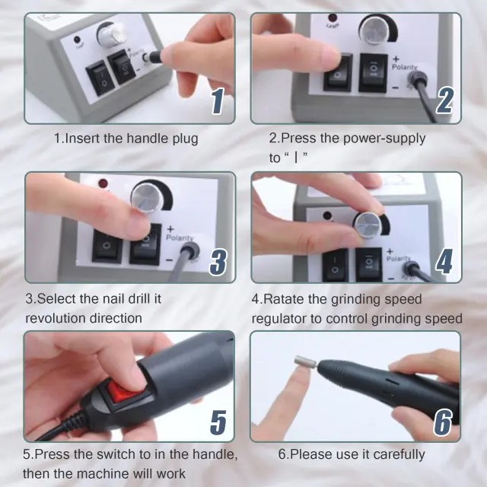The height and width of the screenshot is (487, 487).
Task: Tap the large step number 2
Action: pos(444,100)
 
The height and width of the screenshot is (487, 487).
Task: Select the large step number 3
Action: pos(218,262)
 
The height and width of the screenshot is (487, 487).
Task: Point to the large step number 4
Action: pos(444,262)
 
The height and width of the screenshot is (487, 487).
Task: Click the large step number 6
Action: pos(443,422)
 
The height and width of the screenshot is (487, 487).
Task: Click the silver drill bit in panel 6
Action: pos(305,362)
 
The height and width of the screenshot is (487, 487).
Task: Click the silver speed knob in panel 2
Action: pos(377,30)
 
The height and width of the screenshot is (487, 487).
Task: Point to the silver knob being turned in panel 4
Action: pos(368,224)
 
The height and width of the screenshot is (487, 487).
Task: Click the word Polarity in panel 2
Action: pos(404,67)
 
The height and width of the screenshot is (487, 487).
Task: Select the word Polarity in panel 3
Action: pos(180,238)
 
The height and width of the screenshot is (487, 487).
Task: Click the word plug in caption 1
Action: pos(185,138)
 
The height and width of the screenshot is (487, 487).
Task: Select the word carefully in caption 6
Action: pos(399,455)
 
